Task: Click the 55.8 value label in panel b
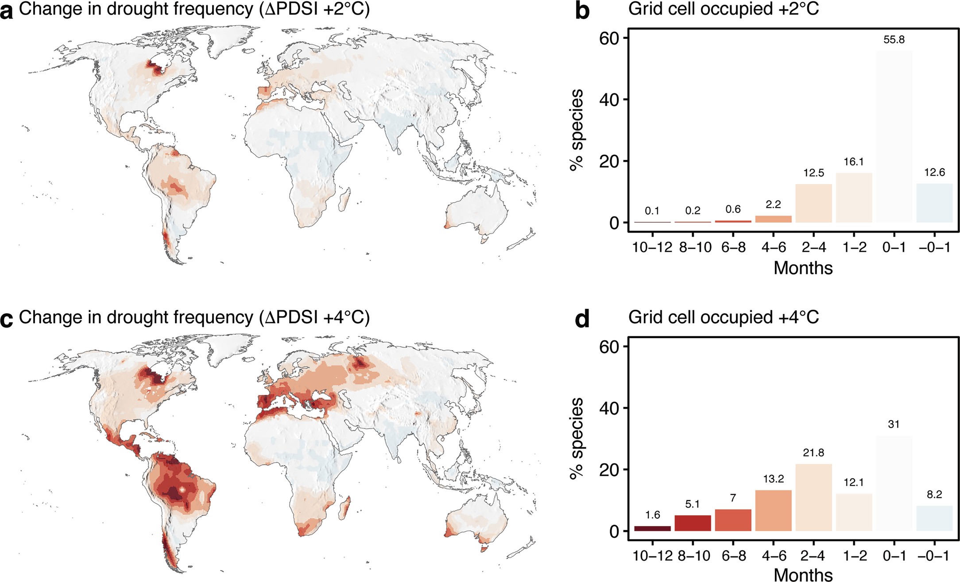(894, 40)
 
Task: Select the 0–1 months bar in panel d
(894, 483)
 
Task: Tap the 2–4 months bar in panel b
(813, 203)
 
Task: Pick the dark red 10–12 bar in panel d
(652, 528)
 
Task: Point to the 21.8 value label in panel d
(813, 453)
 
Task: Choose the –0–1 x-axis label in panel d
(934, 555)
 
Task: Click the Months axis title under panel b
(803, 268)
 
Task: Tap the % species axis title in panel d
(577, 438)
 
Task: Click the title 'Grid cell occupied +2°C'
(723, 9)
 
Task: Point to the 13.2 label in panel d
(773, 479)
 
